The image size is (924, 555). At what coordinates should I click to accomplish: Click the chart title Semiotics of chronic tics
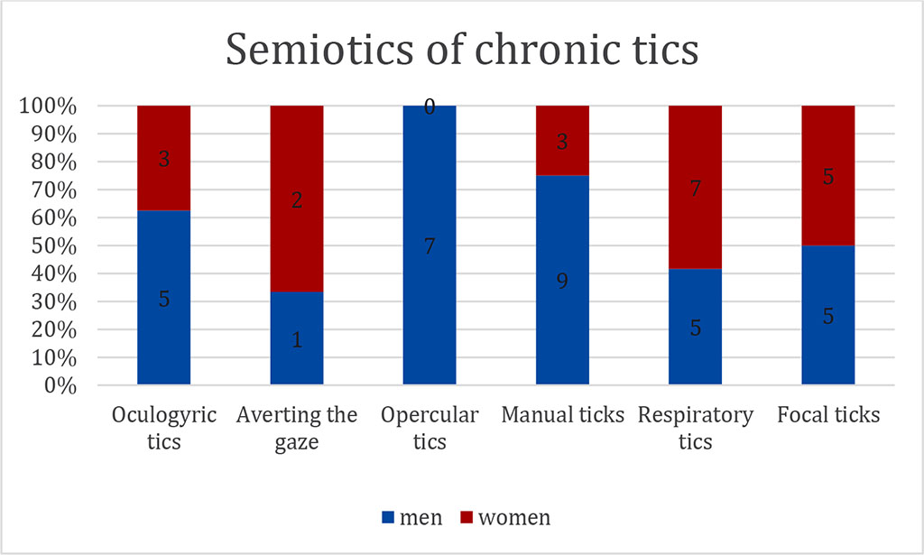point(461,50)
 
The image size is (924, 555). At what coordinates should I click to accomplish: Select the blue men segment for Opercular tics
point(430,271)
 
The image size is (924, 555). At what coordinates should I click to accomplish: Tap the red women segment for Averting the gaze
point(297,199)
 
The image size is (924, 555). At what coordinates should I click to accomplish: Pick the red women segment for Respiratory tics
point(695,187)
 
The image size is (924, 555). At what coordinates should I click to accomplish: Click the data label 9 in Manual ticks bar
point(562,282)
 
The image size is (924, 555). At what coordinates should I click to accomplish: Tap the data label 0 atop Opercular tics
point(430,107)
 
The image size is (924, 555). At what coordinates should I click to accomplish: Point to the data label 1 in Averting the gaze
point(297,340)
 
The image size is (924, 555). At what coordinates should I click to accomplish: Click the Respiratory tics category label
point(695,428)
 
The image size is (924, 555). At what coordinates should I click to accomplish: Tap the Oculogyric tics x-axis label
point(163,428)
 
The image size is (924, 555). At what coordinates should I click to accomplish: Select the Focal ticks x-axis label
point(827,415)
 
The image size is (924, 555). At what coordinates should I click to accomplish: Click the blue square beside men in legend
point(389,518)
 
